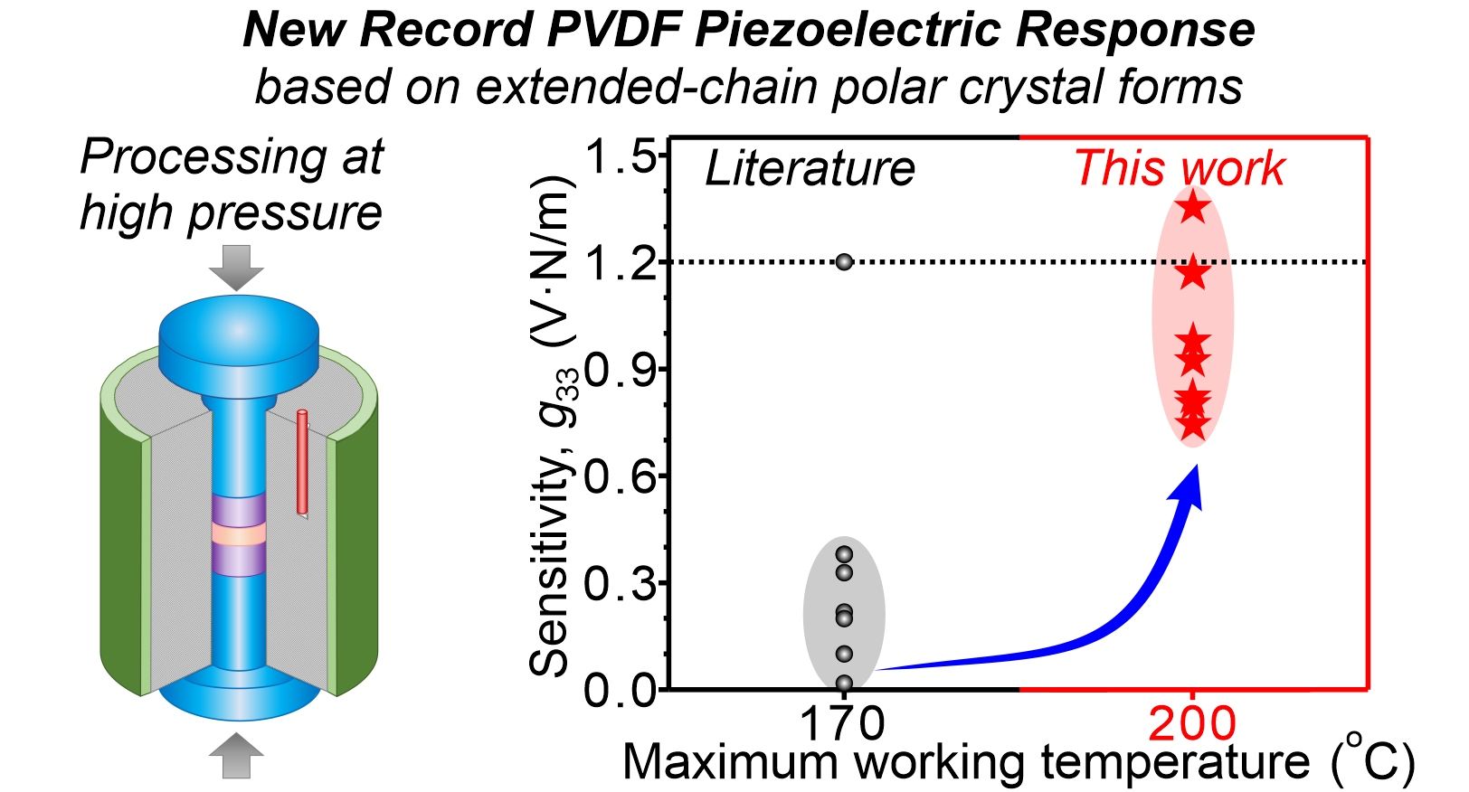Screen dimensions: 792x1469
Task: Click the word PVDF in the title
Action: (x=616, y=30)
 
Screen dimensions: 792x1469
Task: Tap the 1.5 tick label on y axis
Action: (x=620, y=157)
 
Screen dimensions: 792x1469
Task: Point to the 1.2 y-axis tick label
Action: (x=620, y=263)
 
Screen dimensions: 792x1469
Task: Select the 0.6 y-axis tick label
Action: (x=620, y=476)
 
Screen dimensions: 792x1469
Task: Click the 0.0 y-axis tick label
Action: (x=620, y=691)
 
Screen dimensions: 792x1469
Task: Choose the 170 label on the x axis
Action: (x=842, y=723)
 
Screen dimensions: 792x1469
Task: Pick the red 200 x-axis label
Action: (x=1192, y=723)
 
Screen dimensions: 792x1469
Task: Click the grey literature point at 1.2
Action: (x=844, y=262)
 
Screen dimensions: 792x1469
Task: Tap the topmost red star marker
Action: (x=1193, y=207)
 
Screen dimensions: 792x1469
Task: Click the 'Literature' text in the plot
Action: (x=810, y=169)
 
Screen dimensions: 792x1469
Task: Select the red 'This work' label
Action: (x=1179, y=169)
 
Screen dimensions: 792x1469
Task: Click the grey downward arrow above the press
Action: (x=236, y=266)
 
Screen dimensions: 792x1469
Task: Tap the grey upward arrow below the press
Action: (x=236, y=756)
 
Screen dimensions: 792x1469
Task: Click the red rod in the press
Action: (x=302, y=462)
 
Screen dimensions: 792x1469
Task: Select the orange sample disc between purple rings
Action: (x=239, y=534)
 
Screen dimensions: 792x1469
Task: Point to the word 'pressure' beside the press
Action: (x=285, y=213)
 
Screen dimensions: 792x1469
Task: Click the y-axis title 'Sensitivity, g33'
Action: (x=550, y=425)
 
